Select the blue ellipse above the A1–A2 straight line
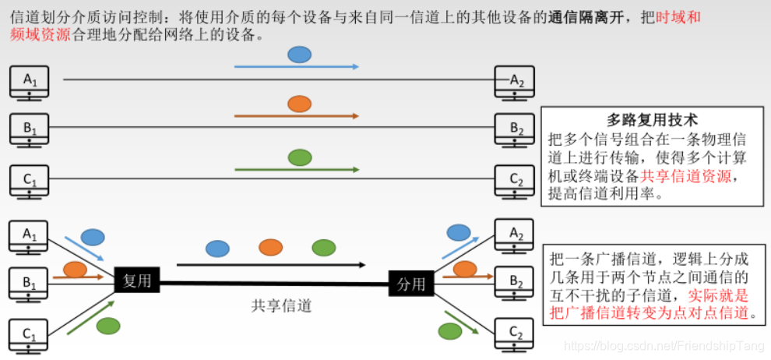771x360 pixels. (x=299, y=55)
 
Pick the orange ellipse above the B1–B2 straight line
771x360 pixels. (x=299, y=104)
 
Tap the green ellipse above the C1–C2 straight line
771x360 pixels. (x=299, y=157)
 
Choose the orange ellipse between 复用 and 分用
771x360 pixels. (x=270, y=247)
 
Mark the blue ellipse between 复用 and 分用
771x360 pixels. (x=217, y=249)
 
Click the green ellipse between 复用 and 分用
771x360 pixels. (x=324, y=247)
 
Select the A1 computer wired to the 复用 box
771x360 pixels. (x=29, y=236)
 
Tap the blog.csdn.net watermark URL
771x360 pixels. (x=662, y=345)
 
